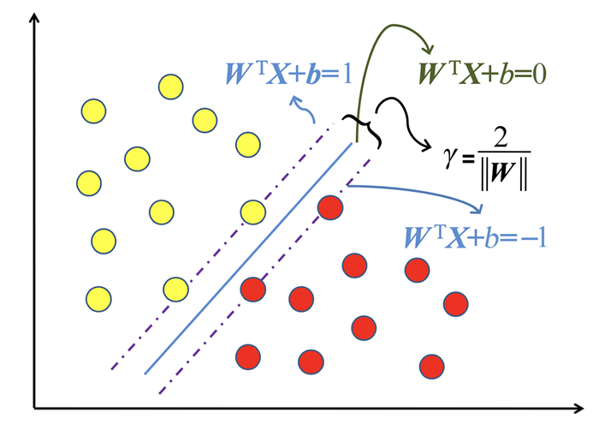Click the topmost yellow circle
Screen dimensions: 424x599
169,86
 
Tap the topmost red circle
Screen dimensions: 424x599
330,207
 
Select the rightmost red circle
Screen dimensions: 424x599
455,303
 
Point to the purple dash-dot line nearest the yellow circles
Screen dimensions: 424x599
214,248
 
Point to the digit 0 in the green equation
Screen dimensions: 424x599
538,75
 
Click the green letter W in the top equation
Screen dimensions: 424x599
429,75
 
